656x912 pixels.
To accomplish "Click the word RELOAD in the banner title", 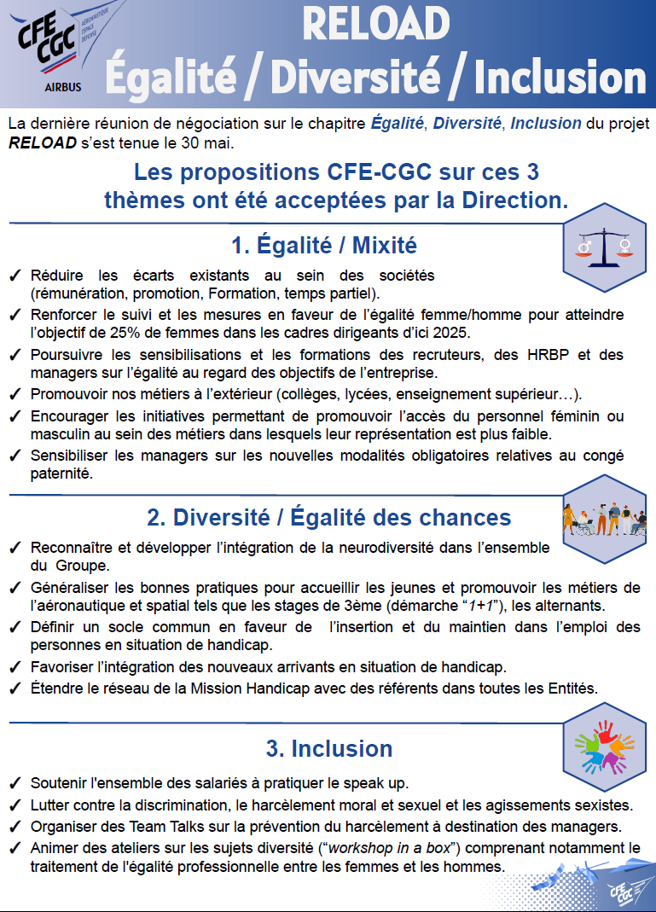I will [375, 24].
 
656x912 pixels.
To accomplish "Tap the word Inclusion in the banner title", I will [560, 78].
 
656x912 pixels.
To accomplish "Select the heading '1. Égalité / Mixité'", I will [324, 246].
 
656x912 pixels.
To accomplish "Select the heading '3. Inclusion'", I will [329, 748].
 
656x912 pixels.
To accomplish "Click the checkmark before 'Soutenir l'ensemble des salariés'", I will [15, 783].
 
